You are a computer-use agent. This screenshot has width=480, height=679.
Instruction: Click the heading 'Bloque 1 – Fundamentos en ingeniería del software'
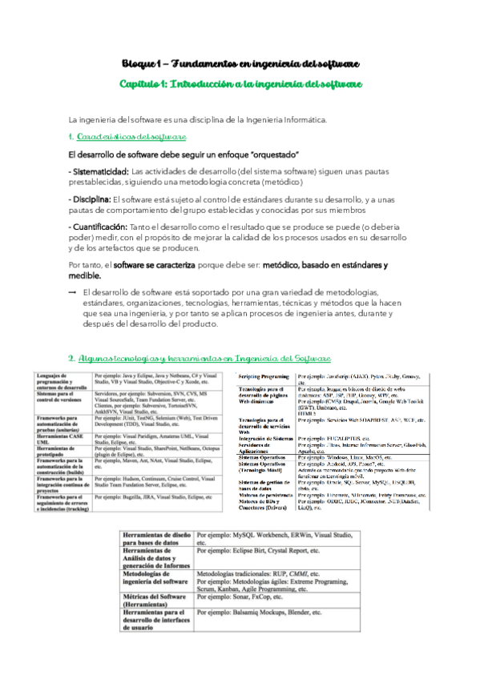[x=240, y=63]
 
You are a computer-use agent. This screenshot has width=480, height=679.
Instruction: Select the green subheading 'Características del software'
[x=132, y=137]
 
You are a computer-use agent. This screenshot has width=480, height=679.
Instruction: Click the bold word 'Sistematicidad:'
[x=98, y=171]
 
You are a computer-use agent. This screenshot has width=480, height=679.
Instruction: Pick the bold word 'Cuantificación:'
[x=99, y=227]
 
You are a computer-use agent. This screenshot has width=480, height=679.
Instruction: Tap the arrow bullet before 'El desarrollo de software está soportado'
[x=72, y=292]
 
